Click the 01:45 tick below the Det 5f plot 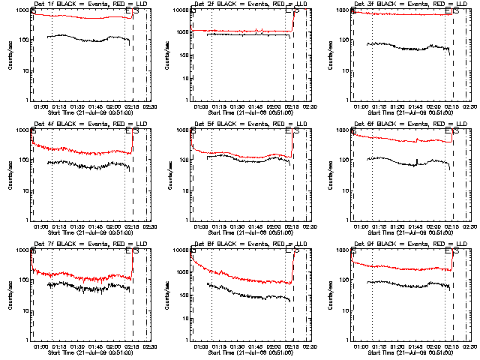point(256,226)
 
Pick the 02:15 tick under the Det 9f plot point(454,346)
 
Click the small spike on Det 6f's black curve point(416,159)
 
